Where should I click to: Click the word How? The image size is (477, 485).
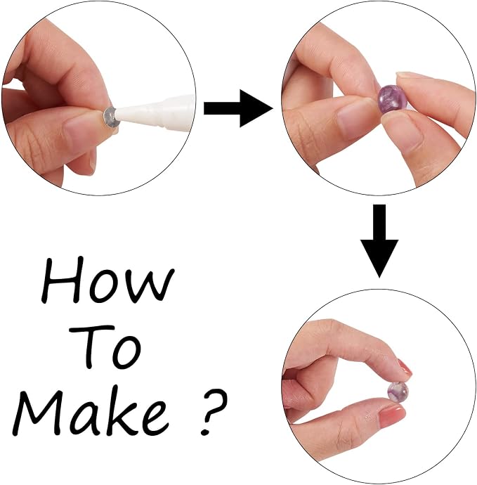pyautogui.click(x=107, y=280)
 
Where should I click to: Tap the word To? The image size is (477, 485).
pyautogui.click(x=105, y=346)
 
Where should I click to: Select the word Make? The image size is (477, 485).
pyautogui.click(x=90, y=410)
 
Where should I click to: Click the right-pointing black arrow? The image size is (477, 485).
pyautogui.click(x=238, y=108)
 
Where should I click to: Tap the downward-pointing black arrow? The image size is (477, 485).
pyautogui.click(x=379, y=240)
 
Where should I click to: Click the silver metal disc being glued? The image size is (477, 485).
pyautogui.click(x=111, y=117)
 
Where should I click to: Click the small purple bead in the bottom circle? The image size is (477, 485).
pyautogui.click(x=398, y=392)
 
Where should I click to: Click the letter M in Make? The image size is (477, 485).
pyautogui.click(x=42, y=410)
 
